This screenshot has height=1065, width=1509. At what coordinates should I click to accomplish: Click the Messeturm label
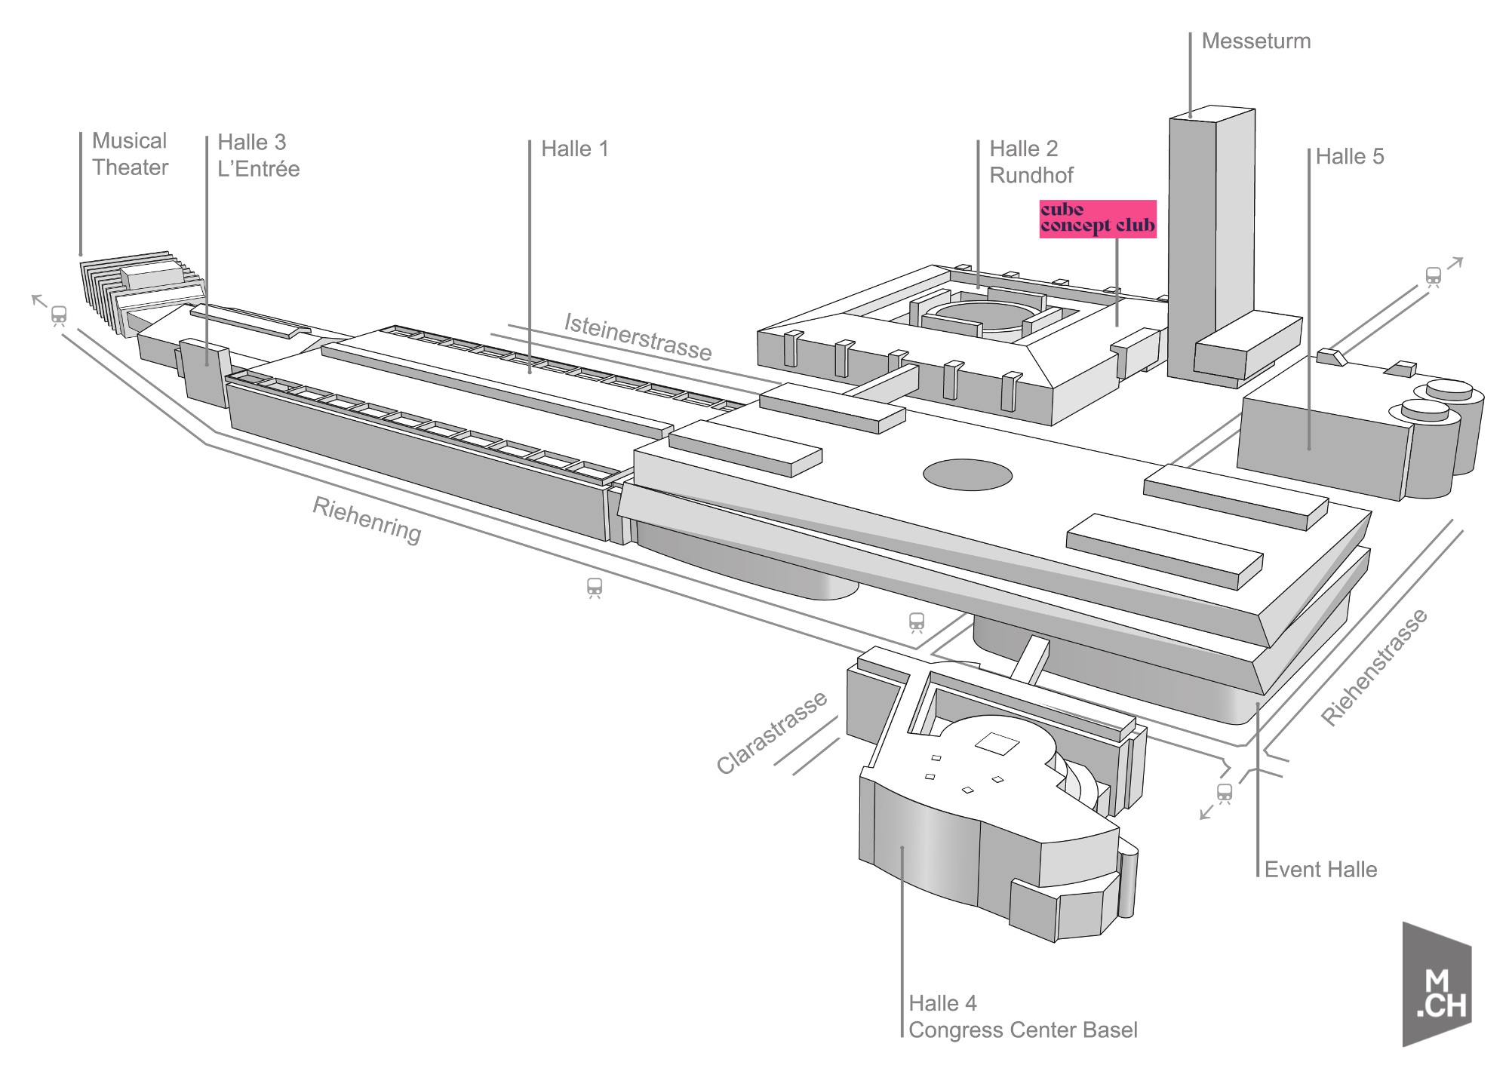1255,41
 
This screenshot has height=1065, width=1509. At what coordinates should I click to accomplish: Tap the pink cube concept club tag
1097,219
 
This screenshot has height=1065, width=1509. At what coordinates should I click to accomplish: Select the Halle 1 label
574,149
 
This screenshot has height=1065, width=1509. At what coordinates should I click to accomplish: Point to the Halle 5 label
1350,157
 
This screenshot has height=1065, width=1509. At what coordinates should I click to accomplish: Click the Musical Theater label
130,154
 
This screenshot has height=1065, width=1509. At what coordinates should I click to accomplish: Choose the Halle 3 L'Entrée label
258,155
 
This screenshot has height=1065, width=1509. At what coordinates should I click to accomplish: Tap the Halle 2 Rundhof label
1031,161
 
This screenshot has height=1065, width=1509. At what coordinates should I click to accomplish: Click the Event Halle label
1320,870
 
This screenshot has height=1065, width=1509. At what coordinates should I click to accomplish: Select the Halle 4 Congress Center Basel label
1022,1017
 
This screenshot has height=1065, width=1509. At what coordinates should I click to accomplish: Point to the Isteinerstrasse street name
638,337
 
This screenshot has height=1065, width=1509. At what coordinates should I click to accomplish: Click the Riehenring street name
367,520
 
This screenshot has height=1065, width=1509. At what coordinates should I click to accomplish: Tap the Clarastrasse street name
771,733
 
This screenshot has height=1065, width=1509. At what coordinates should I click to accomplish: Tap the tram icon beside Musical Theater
59,315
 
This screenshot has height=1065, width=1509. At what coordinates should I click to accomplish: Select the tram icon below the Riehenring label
595,587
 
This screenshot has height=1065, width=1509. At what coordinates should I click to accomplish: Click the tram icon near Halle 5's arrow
1433,276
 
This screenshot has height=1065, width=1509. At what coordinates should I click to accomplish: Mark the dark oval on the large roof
967,475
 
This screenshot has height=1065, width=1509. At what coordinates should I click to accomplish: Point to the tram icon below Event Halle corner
1224,793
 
